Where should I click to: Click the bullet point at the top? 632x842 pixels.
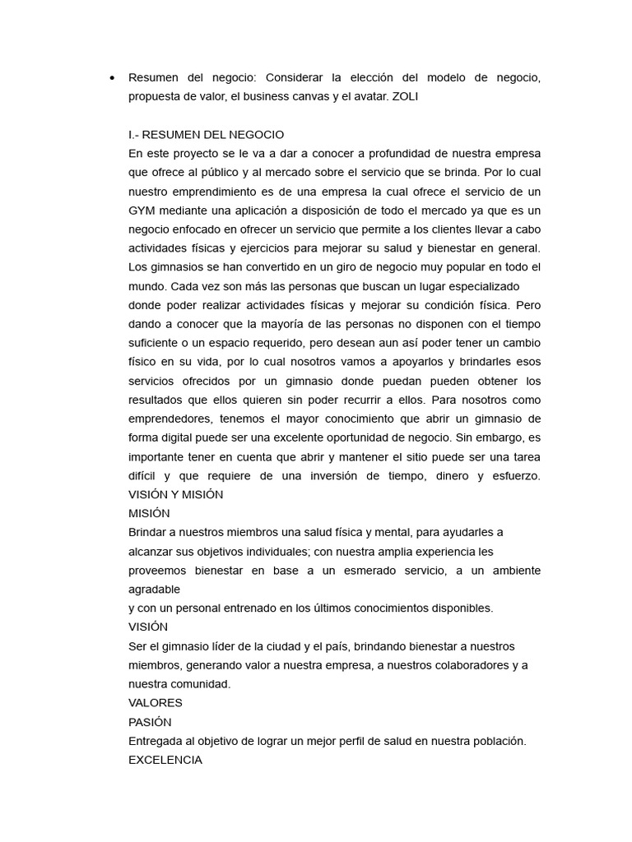click(111, 78)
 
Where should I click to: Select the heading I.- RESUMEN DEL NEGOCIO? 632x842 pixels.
click(207, 134)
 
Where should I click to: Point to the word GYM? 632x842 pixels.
click(142, 210)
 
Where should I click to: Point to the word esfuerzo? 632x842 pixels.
click(514, 475)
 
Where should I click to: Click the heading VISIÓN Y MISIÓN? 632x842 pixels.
click(175, 494)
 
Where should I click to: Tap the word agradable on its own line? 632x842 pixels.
click(154, 589)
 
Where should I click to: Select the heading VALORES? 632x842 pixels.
click(156, 703)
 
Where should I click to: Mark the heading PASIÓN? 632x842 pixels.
click(150, 722)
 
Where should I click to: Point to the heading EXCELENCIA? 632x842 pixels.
click(165, 760)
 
